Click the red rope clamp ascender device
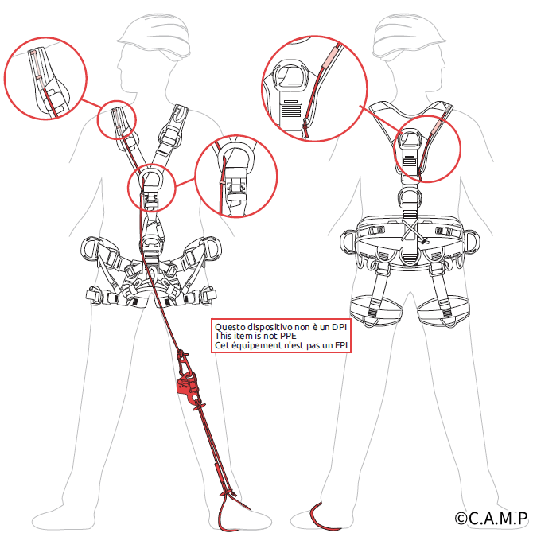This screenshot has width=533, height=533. click(188, 387)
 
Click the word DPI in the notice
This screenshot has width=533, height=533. click(339, 327)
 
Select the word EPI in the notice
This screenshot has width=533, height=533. click(341, 345)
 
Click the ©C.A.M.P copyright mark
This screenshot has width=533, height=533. click(491, 519)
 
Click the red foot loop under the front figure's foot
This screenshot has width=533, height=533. click(227, 513)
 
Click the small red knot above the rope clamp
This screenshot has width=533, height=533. click(182, 353)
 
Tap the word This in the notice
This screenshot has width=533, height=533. click(223, 336)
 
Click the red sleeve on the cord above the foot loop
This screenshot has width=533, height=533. click(218, 476)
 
